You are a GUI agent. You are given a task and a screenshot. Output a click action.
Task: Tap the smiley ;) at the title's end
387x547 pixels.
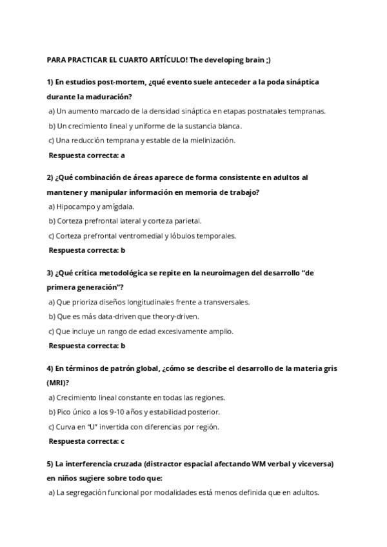point(267,59)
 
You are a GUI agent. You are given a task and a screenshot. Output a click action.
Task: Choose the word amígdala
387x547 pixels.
point(119,206)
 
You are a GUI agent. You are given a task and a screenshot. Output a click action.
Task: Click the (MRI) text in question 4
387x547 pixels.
point(56,383)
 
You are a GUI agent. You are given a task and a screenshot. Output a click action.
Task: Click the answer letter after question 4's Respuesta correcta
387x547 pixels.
point(123,441)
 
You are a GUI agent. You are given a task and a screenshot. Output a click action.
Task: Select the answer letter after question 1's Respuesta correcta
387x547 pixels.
point(123,155)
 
